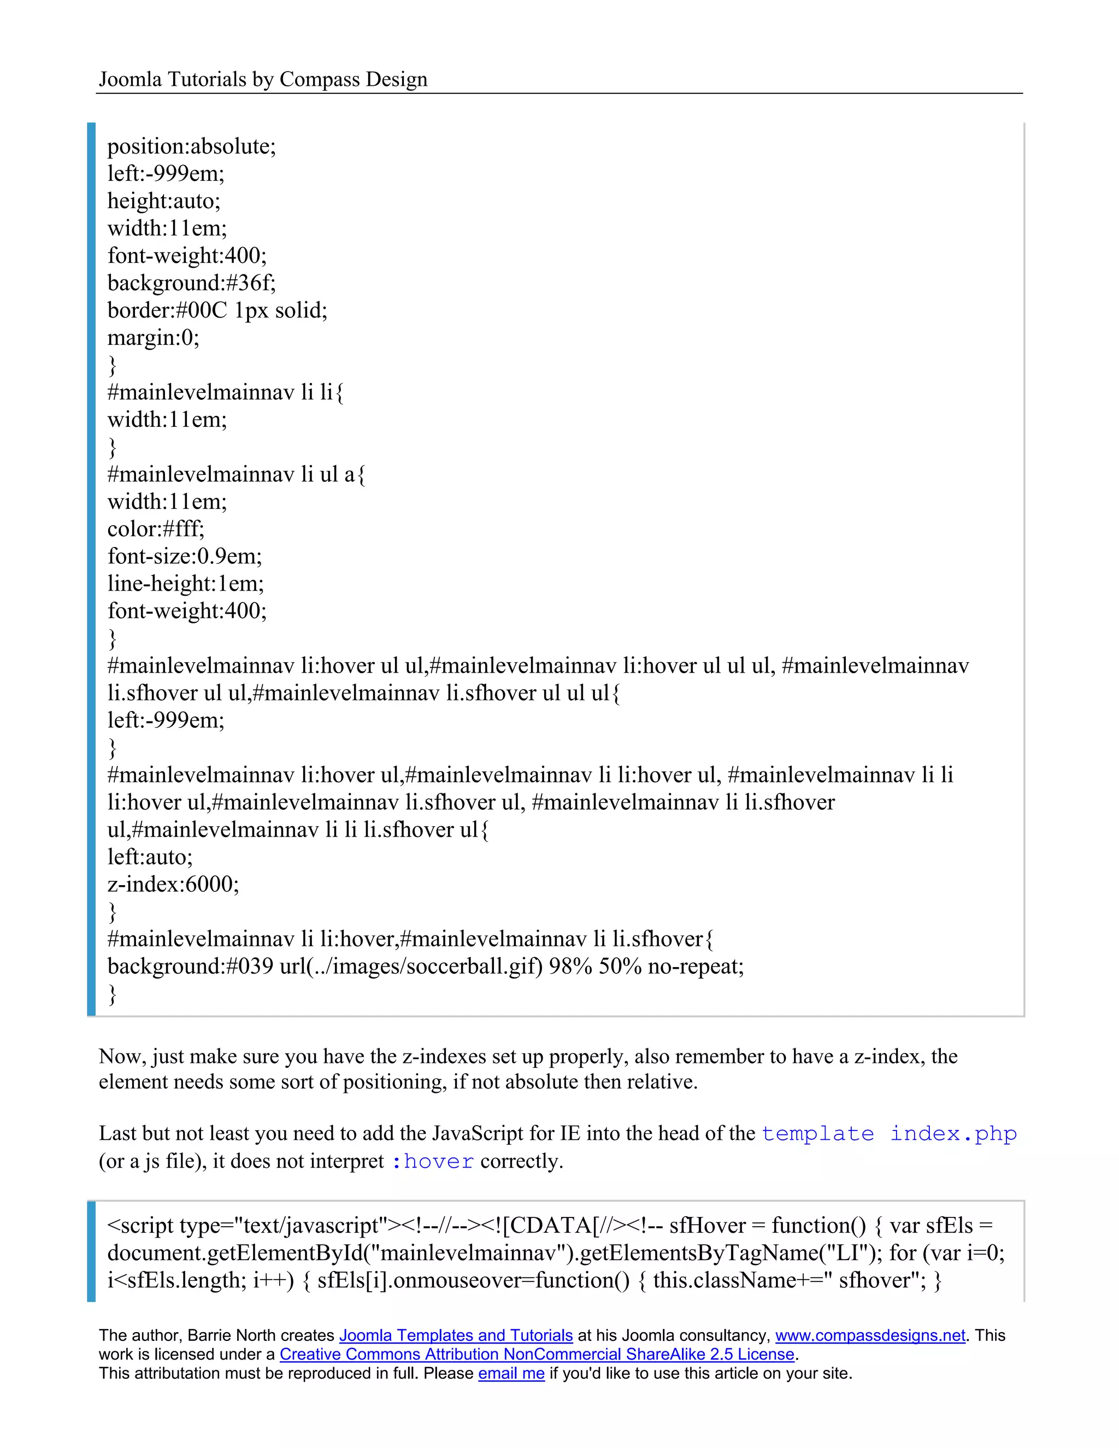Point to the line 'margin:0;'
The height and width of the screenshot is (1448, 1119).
pos(153,338)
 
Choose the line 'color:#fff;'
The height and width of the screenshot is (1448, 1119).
pos(156,529)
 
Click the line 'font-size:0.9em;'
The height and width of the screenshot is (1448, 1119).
pos(184,556)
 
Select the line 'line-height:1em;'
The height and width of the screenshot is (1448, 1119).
pos(186,584)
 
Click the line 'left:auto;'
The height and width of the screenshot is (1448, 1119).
pos(150,857)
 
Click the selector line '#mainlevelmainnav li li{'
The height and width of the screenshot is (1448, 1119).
pos(226,392)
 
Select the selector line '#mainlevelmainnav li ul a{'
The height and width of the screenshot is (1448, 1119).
pos(236,475)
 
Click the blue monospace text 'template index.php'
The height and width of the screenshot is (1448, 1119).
pos(888,1134)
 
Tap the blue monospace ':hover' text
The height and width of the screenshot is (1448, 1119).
pos(432,1162)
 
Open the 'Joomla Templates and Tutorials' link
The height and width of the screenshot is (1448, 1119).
pos(456,1336)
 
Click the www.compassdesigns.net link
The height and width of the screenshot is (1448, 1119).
pos(870,1336)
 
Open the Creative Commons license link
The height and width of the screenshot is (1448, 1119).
pos(537,1355)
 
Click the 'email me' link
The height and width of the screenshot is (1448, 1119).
pos(511,1373)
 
